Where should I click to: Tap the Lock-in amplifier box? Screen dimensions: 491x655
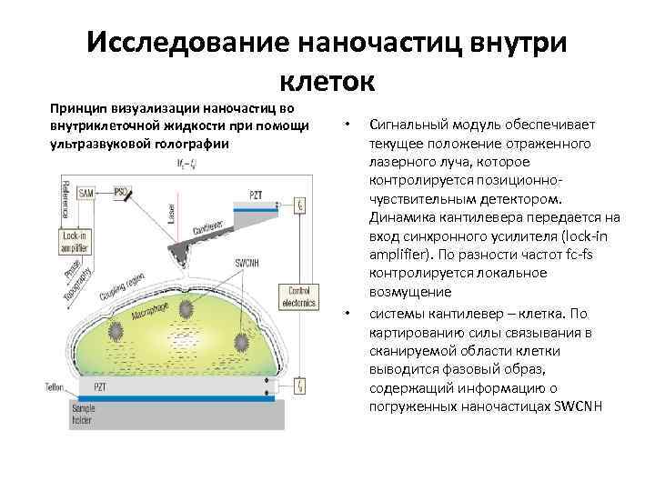tap(76, 241)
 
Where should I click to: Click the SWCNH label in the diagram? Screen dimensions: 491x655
tap(249, 264)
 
